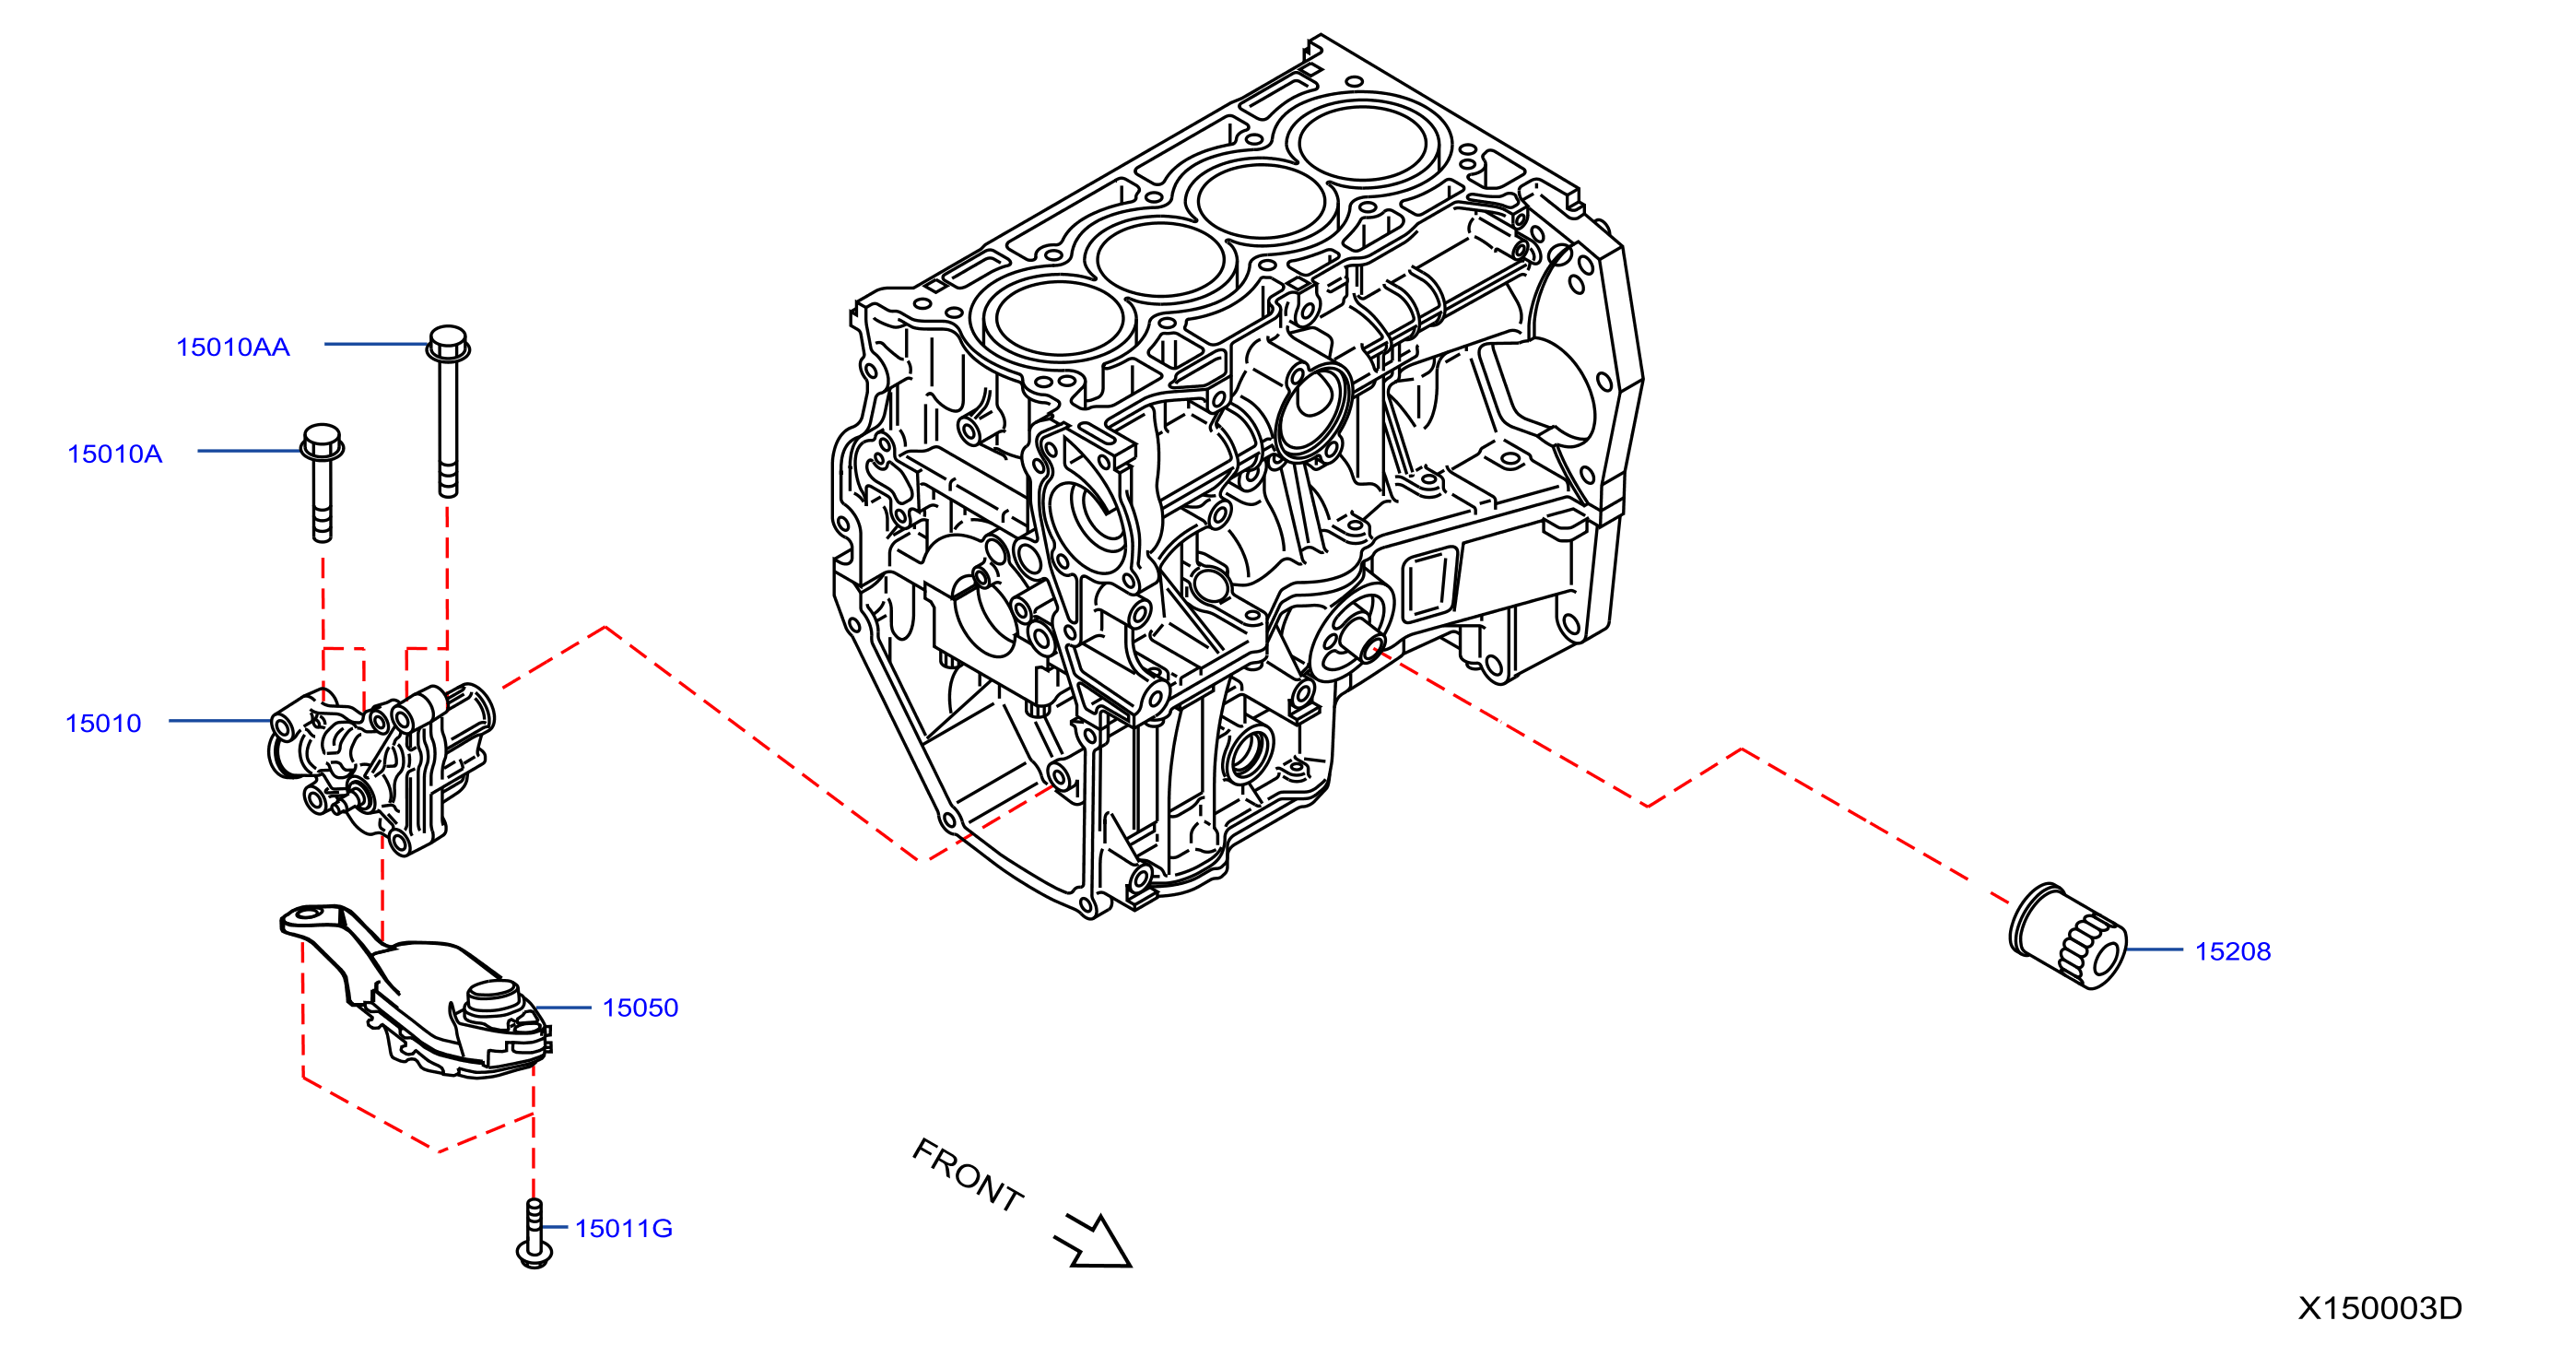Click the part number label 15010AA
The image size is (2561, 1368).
click(x=232, y=347)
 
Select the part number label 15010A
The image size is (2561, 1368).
click(x=114, y=454)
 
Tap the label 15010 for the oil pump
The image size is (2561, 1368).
click(x=103, y=724)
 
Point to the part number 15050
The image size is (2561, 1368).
click(x=640, y=1008)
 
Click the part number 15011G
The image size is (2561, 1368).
click(x=623, y=1229)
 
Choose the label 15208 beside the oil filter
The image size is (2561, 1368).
click(x=2233, y=951)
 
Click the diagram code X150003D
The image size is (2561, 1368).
click(x=2380, y=1308)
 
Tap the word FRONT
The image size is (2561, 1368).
click(x=968, y=1175)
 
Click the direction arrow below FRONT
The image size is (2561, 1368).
click(x=1095, y=1242)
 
